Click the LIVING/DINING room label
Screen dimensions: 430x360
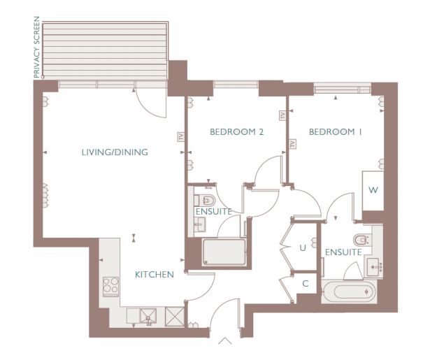pyautogui.click(x=115, y=152)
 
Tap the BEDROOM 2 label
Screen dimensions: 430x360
pyautogui.click(x=236, y=132)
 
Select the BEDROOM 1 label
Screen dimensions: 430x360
pyautogui.click(x=335, y=132)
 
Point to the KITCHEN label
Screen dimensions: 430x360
pyautogui.click(x=155, y=275)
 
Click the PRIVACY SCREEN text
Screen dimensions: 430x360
pyautogui.click(x=37, y=47)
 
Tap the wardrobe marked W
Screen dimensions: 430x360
pyautogui.click(x=373, y=190)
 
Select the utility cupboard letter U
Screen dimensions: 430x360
pyautogui.click(x=303, y=248)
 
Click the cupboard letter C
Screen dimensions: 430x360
pyautogui.click(x=306, y=284)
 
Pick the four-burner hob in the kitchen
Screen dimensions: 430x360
pyautogui.click(x=110, y=287)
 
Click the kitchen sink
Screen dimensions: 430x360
pyautogui.click(x=148, y=316)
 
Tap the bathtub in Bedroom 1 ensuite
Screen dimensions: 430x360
pyautogui.click(x=349, y=291)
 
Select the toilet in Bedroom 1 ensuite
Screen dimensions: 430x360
pyautogui.click(x=361, y=240)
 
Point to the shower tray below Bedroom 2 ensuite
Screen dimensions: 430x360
pyautogui.click(x=224, y=252)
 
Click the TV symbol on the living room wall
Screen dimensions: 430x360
pyautogui.click(x=180, y=136)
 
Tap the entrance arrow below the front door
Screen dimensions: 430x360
pyautogui.click(x=225, y=340)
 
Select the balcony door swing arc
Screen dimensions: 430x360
pyautogui.click(x=148, y=108)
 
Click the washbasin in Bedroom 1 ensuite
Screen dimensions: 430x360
pyautogui.click(x=373, y=267)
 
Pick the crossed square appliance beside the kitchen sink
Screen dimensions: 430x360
pyautogui.click(x=175, y=317)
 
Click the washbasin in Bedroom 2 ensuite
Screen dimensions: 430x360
pyautogui.click(x=200, y=224)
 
